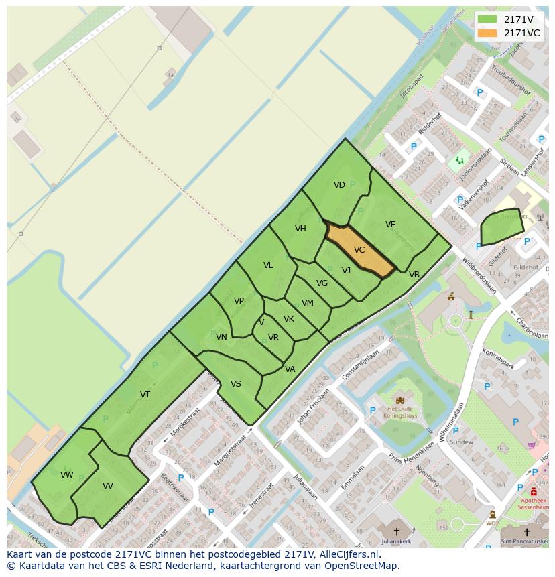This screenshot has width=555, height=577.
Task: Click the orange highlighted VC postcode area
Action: coord(359,251)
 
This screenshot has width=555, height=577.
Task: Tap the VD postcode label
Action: coord(339,185)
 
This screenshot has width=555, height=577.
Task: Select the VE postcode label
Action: coord(390,225)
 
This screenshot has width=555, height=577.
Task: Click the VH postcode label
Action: coord(300,229)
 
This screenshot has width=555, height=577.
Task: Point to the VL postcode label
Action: coord(268,265)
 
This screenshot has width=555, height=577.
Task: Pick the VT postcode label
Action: coord(145,394)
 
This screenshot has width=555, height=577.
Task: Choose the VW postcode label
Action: coord(66,475)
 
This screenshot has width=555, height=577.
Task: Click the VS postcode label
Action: coord(236,384)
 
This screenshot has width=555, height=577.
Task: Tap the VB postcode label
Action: coord(414,275)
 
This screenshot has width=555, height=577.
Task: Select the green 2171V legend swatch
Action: coord(487,19)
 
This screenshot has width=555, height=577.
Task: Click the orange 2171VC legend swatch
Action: coord(487,33)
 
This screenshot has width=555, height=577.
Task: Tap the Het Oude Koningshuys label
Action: coord(400,412)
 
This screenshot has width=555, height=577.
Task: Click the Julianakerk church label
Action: coord(396,541)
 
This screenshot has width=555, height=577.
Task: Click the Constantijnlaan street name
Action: coord(367,366)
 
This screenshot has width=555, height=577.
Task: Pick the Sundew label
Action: coord(462,442)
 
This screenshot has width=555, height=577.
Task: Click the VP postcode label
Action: coord(239,301)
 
